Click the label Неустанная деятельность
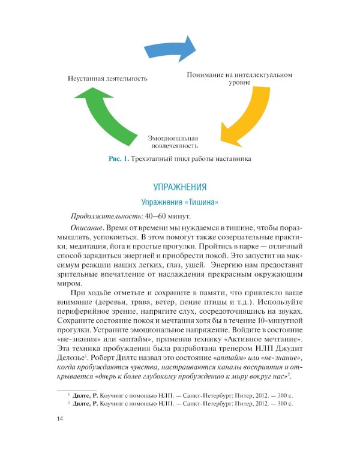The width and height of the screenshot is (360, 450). click(x=107, y=79)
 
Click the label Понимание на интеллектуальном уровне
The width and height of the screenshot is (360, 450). click(x=239, y=79)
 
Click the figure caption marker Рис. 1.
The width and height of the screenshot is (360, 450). click(x=118, y=159)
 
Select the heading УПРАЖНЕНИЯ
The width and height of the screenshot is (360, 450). click(x=179, y=187)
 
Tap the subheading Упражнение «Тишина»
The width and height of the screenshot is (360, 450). click(x=179, y=202)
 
